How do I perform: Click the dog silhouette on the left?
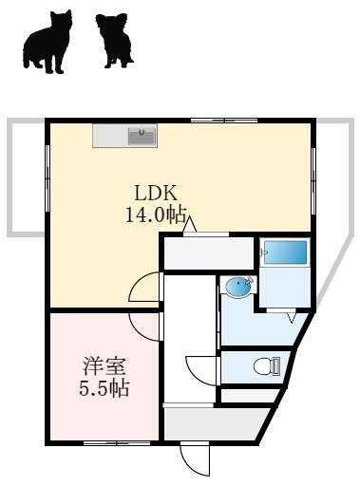coord(47,43)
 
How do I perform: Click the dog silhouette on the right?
coord(115,41)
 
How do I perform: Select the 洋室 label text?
coord(104,365)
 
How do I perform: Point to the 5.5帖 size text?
coord(104,387)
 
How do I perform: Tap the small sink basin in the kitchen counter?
coord(142,136)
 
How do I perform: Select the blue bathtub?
coord(285,253)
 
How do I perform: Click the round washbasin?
coord(238,288)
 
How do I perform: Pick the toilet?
coord(266,365)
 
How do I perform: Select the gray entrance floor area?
coord(214,424)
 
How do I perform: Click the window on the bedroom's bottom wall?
coord(104,442)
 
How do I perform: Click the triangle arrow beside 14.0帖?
coord(191,225)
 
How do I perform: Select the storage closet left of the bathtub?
coord(209,254)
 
